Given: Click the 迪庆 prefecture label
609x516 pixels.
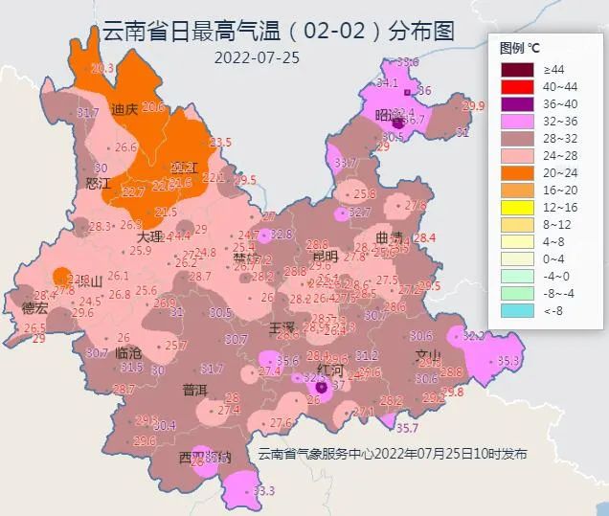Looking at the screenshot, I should [124, 108].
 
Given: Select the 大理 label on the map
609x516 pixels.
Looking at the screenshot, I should [148, 236].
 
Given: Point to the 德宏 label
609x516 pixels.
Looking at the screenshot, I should [34, 308].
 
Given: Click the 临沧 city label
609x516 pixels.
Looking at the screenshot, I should [127, 352].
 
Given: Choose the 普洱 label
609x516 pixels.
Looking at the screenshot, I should [194, 390].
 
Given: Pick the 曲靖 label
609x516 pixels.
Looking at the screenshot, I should [389, 236].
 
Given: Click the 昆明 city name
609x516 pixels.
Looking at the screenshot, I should [325, 256].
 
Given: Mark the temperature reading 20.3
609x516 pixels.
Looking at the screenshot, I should [101, 68].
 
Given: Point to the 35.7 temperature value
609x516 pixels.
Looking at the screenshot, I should [408, 428].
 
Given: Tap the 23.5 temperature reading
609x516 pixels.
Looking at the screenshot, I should [220, 143].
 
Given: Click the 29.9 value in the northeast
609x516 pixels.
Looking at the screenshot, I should [473, 105].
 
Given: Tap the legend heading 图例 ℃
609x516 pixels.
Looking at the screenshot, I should [520, 47].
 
